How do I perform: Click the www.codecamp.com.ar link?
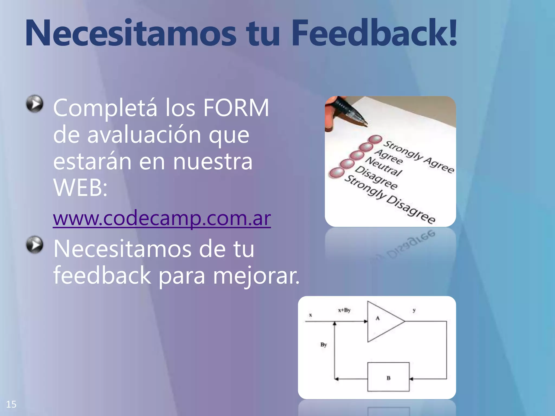point(162,218)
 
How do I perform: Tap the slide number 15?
point(11,404)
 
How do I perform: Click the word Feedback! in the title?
point(374,33)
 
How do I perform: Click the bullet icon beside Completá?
point(35,103)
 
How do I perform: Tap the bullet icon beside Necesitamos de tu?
point(35,245)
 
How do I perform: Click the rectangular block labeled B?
point(388,377)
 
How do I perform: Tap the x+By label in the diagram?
point(344,310)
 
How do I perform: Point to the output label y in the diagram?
point(414,311)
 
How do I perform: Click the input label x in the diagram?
point(311,315)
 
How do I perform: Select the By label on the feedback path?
point(324,345)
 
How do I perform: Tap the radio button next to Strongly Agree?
point(375,139)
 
